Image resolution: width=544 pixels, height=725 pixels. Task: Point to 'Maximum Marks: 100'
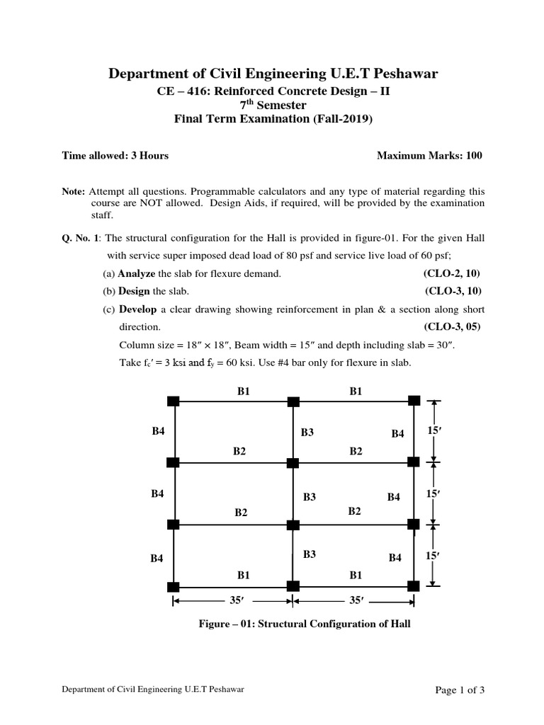click(429, 155)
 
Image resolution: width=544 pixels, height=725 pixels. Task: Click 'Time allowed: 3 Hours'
click(115, 155)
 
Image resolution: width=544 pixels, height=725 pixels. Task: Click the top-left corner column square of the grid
click(173, 401)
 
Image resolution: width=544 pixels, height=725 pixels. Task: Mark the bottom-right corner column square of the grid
click(414, 586)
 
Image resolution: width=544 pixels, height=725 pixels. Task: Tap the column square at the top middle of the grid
click(293, 401)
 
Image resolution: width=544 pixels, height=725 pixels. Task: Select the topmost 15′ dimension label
click(433, 431)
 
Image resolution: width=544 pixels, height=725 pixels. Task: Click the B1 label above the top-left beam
click(243, 390)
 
